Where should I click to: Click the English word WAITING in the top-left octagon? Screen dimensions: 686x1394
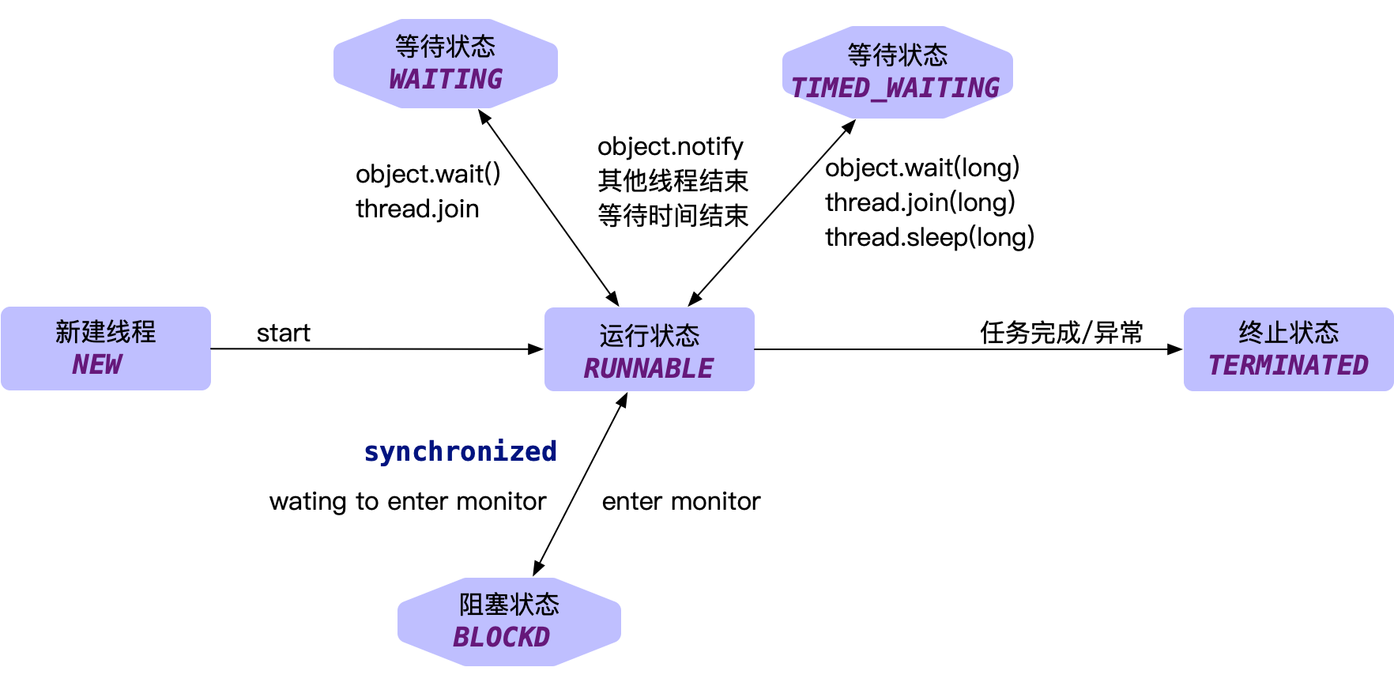coord(446,80)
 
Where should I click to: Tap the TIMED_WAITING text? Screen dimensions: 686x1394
coord(895,89)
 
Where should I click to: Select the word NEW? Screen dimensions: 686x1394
coord(97,365)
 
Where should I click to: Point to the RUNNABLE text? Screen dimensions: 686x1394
coord(649,369)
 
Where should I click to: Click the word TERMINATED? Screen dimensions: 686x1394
coord(1288,366)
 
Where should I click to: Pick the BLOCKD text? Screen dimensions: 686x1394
coord(501,638)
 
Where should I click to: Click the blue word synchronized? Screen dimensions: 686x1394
coord(460,451)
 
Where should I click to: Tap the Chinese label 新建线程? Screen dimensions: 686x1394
coord(106,332)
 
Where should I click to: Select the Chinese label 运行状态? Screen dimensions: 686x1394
coord(649,336)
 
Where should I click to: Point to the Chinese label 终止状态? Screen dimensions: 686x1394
coord(1288,333)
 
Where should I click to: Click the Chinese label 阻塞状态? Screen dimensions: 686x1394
coord(509,605)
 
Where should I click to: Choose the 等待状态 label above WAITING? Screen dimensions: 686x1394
coord(446,47)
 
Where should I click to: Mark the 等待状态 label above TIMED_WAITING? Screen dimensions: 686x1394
coord(897,55)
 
